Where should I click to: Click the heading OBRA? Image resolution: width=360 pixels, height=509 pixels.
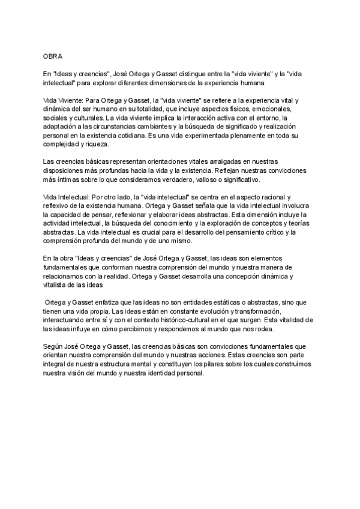[52, 55]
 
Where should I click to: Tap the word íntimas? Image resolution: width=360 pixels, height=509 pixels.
[67, 181]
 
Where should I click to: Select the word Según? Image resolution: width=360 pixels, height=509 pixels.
[52, 348]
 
